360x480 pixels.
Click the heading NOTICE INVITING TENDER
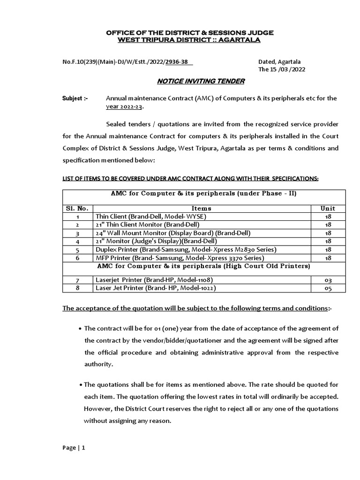pos(201,81)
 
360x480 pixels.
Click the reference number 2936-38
pos(166,61)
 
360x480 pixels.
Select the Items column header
pos(202,208)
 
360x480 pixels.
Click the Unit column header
pos(328,208)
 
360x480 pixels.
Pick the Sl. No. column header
pos(77,208)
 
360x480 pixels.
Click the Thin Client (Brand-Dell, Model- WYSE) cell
pos(150,217)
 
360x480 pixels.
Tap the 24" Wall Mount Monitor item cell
pos(173,233)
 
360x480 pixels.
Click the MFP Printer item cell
pos(180,258)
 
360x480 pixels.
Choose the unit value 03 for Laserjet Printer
pos(328,280)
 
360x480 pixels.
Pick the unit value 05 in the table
pos(328,288)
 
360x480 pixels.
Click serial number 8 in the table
pos(77,288)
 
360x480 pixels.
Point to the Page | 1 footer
pos(74,448)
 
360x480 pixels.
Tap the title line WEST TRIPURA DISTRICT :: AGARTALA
pos(188,40)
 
